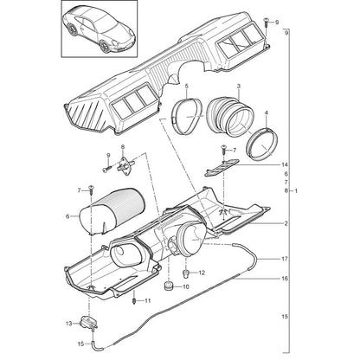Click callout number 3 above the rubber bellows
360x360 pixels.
[x=239, y=86]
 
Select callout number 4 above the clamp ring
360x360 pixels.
[x=267, y=113]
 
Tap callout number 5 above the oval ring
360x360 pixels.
[x=186, y=86]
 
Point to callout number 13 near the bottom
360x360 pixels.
[x=69, y=324]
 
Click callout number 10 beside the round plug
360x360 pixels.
[x=186, y=287]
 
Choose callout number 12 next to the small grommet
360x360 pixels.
[x=202, y=273]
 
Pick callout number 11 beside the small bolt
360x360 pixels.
[x=148, y=301]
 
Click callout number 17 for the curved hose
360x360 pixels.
[x=285, y=259]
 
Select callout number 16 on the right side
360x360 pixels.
[x=285, y=279]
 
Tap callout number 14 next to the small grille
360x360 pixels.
[x=285, y=164]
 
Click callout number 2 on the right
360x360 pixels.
[x=286, y=223]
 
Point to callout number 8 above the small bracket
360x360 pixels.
[x=123, y=147]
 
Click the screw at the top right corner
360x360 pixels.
[x=266, y=22]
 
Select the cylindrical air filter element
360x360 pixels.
[x=112, y=210]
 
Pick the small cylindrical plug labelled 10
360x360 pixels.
[x=168, y=286]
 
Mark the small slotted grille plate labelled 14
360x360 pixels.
[x=222, y=167]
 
